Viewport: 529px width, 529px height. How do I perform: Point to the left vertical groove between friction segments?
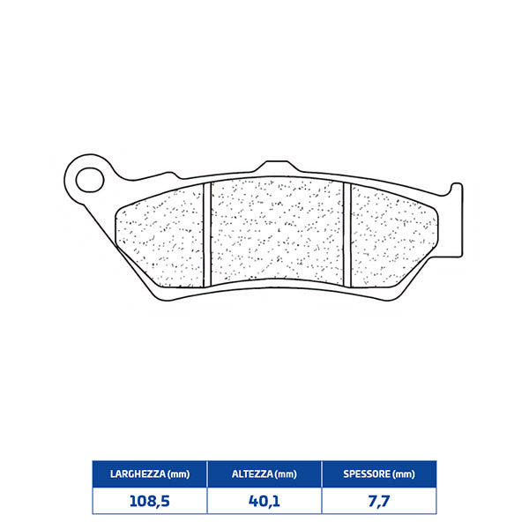point(209,233)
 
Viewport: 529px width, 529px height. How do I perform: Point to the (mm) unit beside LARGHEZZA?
point(175,474)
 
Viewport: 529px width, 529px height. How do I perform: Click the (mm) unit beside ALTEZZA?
point(286,474)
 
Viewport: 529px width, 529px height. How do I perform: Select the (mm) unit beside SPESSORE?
point(403,474)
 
